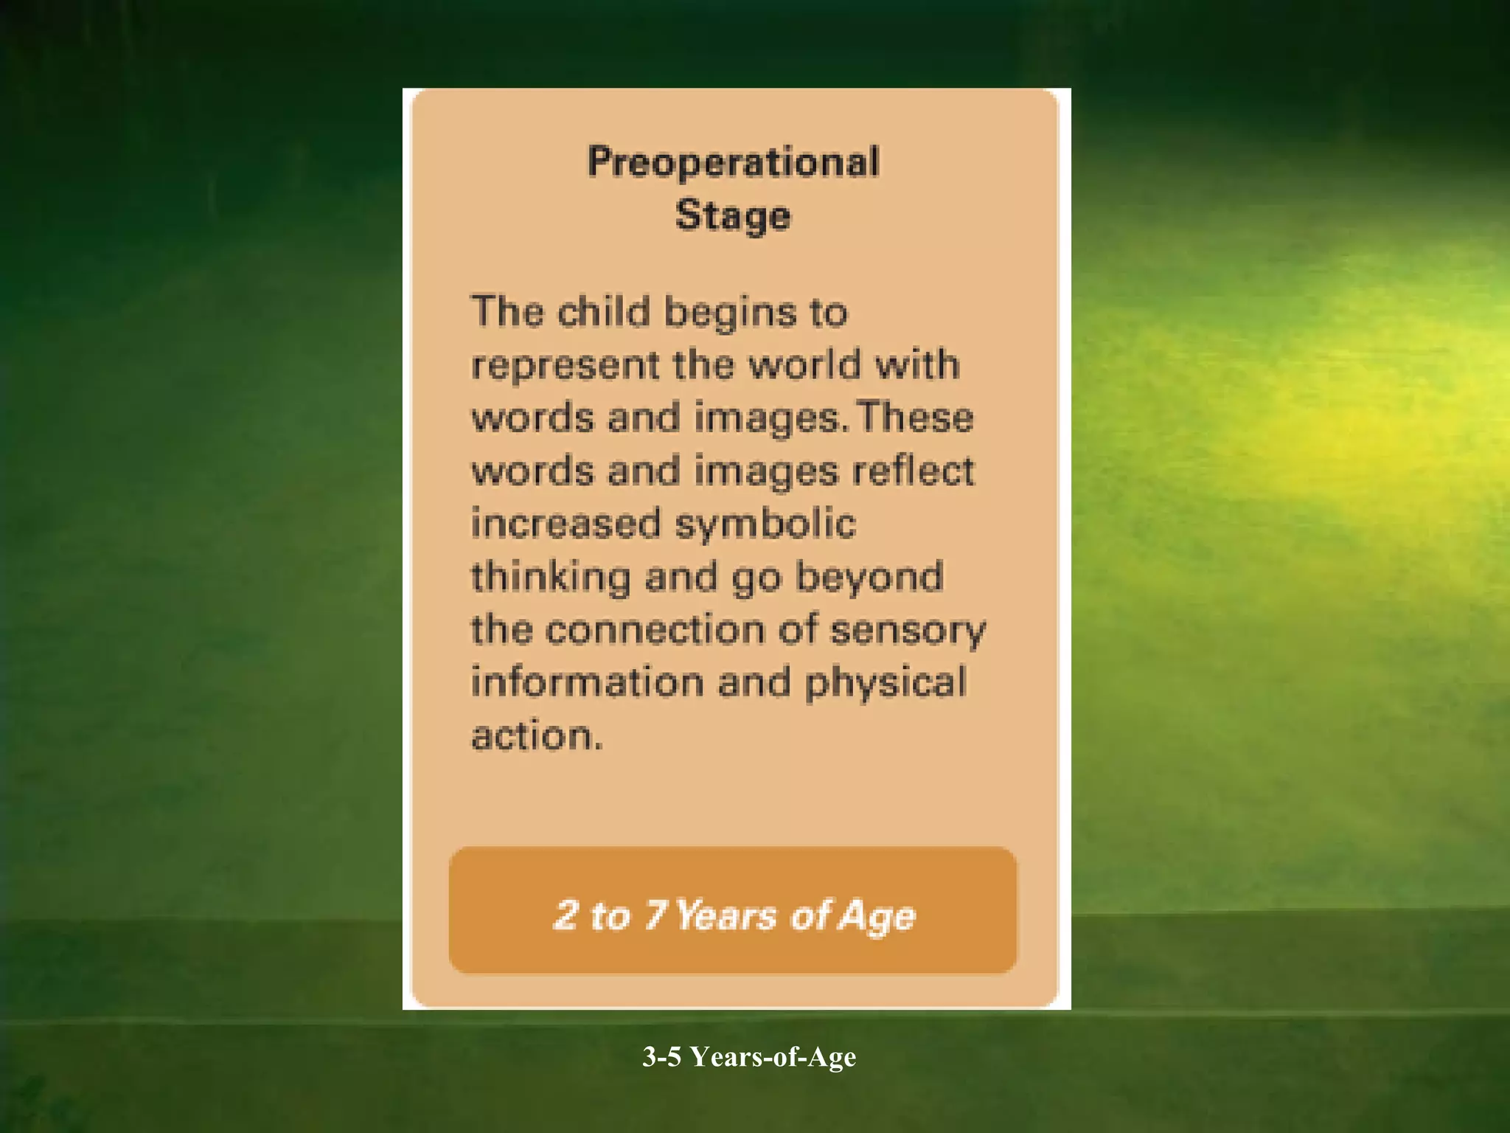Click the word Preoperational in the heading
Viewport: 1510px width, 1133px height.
coord(733,162)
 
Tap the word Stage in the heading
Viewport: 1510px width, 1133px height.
coord(733,216)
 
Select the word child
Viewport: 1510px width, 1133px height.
coord(604,311)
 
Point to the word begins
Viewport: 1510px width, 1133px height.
coord(731,313)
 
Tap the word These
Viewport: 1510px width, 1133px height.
coord(915,417)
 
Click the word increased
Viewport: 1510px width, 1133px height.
coord(566,524)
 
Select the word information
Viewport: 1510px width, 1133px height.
coord(588,682)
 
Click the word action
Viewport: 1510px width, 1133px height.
coord(537,736)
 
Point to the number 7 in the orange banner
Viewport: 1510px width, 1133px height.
coord(655,915)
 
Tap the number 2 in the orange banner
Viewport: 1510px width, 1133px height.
coord(566,915)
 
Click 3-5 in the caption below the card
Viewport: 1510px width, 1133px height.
coord(661,1056)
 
